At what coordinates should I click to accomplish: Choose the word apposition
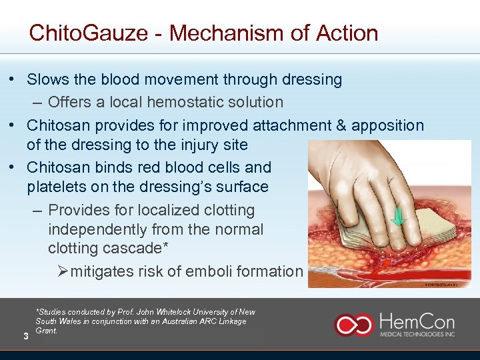point(388,125)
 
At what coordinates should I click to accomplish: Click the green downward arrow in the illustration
point(398,216)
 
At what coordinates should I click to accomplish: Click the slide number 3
point(25,336)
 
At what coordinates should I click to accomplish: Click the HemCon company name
point(416,319)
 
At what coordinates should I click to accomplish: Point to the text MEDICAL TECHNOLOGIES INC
point(417,334)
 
